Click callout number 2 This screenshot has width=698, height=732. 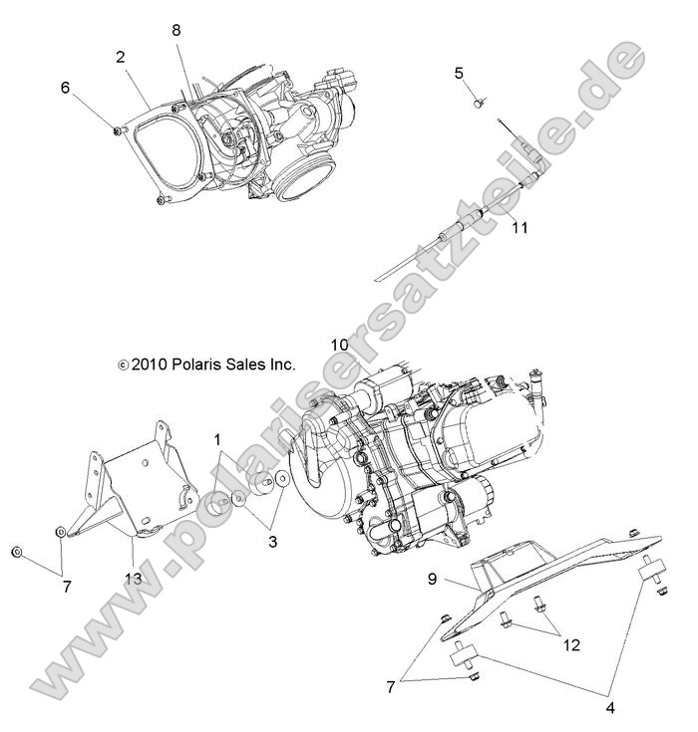[121, 58]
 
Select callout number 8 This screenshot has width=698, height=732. [176, 31]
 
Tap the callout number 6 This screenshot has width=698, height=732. [65, 88]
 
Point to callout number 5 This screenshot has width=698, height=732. [459, 73]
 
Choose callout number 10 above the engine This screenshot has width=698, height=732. [339, 345]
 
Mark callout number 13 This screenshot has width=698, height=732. [133, 579]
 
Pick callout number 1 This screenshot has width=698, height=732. [217, 439]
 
